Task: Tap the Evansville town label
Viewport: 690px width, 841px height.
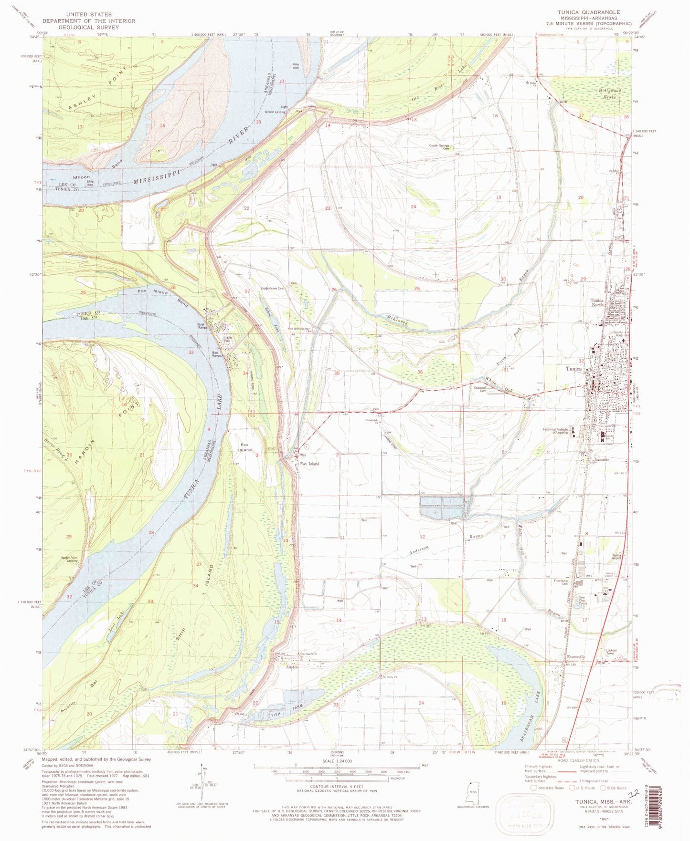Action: coord(575,657)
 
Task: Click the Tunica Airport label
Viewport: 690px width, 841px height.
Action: coord(617,557)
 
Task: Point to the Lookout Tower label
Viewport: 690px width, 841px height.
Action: coord(611,652)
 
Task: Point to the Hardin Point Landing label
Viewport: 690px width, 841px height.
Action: coord(69,559)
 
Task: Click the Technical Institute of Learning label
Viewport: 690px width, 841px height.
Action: coord(555,431)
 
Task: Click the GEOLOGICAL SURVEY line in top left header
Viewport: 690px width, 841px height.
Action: coord(88,27)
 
